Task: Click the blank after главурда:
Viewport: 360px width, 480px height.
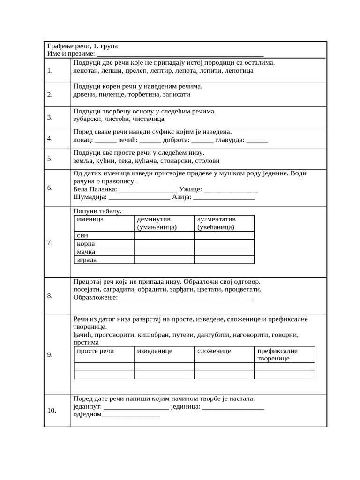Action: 257,140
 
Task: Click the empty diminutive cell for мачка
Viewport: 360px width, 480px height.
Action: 164,252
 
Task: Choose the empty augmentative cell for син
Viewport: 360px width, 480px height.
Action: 224,235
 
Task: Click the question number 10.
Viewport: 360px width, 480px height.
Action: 52,411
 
